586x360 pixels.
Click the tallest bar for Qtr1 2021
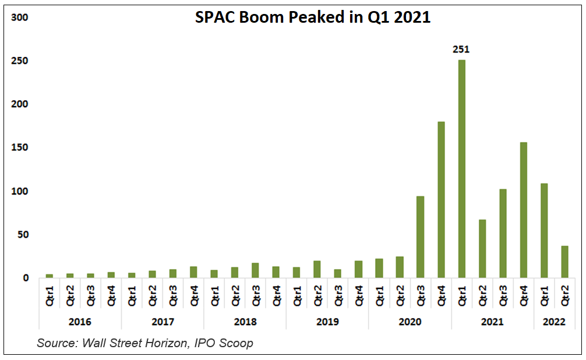461,169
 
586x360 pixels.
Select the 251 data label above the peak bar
461,50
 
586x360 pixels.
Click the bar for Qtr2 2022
564,262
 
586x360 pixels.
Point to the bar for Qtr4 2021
523,210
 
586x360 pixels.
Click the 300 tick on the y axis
21,17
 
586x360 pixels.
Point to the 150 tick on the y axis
21,148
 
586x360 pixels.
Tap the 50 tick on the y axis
23,235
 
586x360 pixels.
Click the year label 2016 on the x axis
79,322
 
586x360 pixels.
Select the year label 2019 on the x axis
326,322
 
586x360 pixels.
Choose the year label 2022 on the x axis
553,322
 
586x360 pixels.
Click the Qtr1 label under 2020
380,294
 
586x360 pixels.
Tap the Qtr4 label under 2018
277,294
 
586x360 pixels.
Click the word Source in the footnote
57,343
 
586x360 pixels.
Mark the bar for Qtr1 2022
544,231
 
